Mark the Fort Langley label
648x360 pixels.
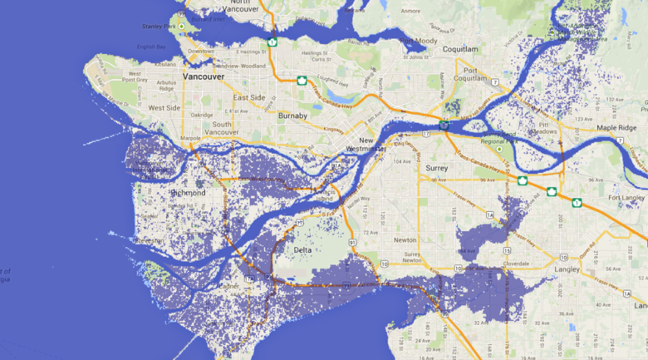(626, 197)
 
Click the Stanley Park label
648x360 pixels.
(162, 27)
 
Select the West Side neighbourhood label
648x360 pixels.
(164, 107)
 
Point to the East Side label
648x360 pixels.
(249, 97)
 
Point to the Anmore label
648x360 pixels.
(410, 12)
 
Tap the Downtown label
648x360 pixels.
(200, 51)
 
